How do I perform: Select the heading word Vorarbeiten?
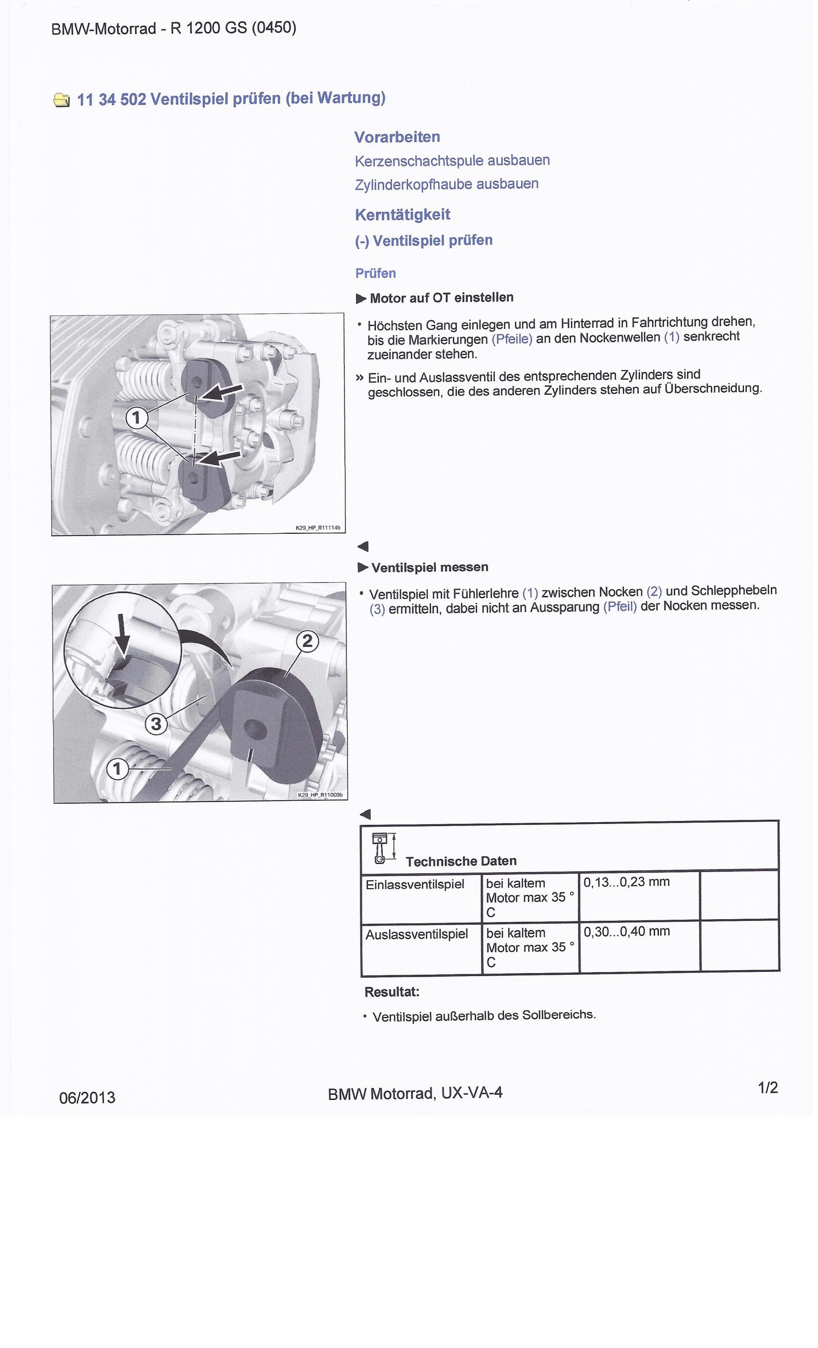point(397,137)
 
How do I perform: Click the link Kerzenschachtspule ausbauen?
point(452,161)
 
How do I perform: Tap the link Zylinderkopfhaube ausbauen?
point(446,185)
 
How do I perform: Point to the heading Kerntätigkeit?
point(402,214)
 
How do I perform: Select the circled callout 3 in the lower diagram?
point(156,724)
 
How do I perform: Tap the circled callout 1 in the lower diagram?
point(117,769)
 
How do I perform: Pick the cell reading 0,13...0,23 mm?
point(626,882)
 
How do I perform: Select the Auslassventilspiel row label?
point(417,934)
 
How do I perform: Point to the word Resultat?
point(392,992)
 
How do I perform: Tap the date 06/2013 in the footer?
point(88,1097)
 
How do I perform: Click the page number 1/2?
point(768,1088)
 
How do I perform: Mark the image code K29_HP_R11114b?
point(318,528)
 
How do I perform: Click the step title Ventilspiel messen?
point(430,567)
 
